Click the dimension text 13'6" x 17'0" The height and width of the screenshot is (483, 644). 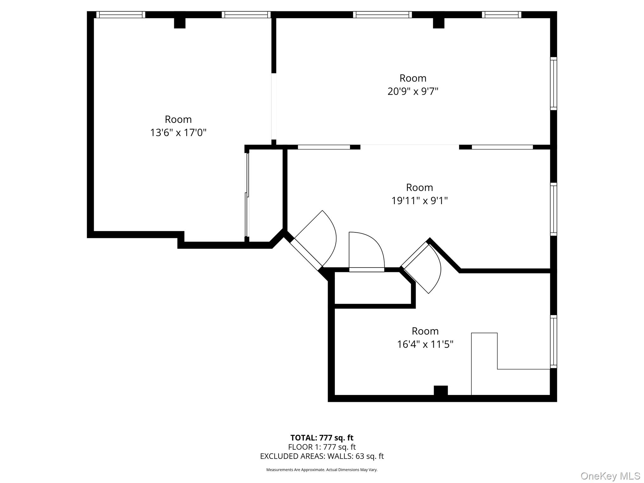coord(178,133)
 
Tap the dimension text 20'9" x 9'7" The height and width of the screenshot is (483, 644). coord(413,92)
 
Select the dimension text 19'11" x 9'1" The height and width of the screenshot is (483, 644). coord(419,201)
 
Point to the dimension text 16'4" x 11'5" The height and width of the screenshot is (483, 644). coord(425,344)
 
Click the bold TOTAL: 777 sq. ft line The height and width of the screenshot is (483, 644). coord(322,438)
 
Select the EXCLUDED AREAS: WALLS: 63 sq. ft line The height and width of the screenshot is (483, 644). coord(322,456)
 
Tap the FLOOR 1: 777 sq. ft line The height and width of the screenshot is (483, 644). coord(322,447)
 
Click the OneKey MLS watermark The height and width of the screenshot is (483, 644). coord(610,476)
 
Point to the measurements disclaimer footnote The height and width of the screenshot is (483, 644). coord(322,470)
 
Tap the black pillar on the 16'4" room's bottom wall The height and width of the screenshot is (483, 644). coord(441,390)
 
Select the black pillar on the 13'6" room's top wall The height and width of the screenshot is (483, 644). coord(180,23)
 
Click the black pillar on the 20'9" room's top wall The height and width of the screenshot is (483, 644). coord(438,23)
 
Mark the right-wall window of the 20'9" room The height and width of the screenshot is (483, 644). coord(553,84)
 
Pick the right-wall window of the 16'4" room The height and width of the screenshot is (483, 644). coord(553,341)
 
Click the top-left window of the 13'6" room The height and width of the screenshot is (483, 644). coord(121,14)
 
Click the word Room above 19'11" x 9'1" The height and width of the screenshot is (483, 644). coord(419,187)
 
